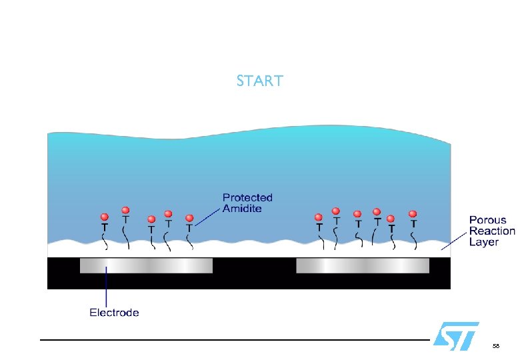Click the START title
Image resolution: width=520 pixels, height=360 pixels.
[x=259, y=81]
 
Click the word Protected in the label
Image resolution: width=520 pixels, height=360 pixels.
[x=247, y=197]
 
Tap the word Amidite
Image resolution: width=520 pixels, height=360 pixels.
[x=242, y=209]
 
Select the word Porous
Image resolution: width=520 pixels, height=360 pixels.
[x=487, y=220]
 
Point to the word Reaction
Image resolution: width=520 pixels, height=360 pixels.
[x=492, y=231]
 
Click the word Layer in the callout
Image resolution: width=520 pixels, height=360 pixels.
[x=483, y=242]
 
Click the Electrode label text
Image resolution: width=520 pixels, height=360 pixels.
[x=114, y=312]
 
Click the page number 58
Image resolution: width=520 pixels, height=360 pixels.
[x=495, y=347]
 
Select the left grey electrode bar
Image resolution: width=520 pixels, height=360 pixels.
[x=146, y=265]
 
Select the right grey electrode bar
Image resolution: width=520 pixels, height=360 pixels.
[x=363, y=265]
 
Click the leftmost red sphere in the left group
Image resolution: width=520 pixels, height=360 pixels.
[x=104, y=217]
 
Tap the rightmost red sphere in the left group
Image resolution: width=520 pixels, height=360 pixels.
[x=189, y=218]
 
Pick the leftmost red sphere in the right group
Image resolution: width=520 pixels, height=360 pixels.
[x=319, y=217]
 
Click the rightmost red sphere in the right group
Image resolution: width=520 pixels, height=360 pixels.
[x=413, y=214]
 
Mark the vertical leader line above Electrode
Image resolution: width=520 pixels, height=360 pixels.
[x=106, y=287]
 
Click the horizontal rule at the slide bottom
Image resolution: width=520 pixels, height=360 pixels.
[x=233, y=340]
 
